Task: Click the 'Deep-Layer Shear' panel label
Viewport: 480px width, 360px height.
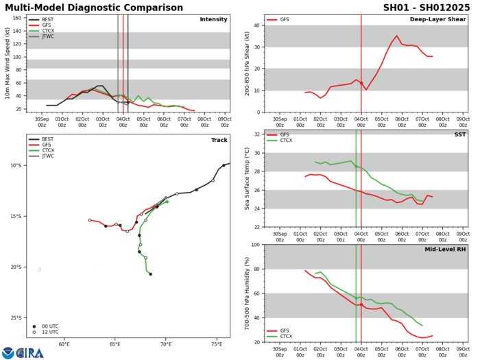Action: [x=437, y=19]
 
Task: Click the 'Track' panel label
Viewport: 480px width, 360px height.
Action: [x=218, y=140]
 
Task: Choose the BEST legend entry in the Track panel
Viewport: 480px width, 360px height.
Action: [x=46, y=140]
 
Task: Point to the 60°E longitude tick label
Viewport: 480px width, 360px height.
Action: [x=64, y=344]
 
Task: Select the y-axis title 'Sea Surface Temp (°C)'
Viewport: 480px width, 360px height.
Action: [x=247, y=180]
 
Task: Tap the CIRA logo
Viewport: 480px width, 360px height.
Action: [x=23, y=352]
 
